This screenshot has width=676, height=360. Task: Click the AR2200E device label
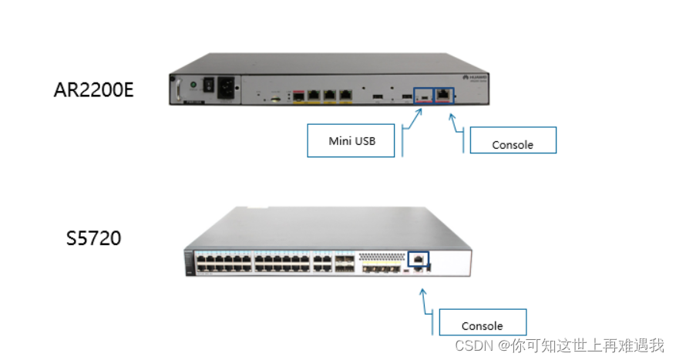[93, 89]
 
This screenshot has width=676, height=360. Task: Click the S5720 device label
[93, 238]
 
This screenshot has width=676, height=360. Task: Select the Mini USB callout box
[351, 140]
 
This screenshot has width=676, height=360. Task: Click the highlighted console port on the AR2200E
[445, 95]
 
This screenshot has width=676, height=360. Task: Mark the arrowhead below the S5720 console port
[422, 291]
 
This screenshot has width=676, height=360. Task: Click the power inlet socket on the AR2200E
[229, 86]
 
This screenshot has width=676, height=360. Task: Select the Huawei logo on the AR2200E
[469, 78]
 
